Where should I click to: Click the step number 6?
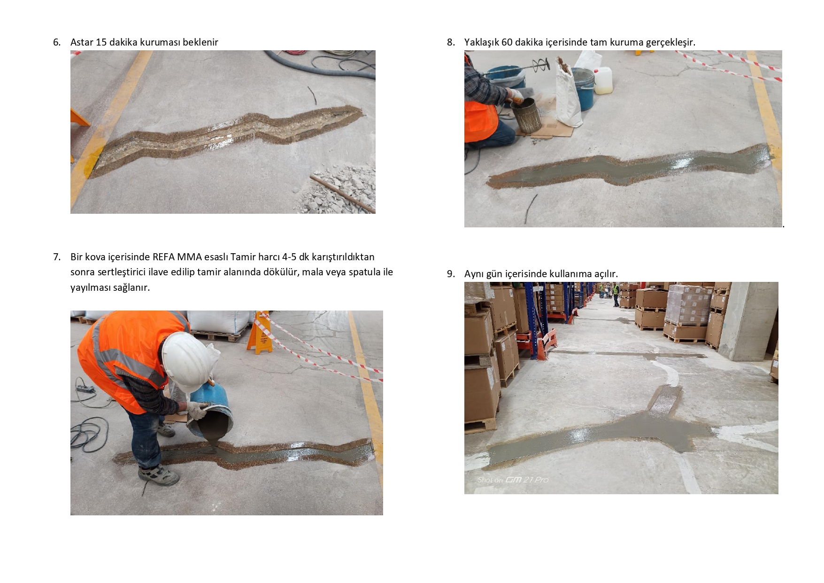[56, 42]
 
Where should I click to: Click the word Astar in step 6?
[82, 42]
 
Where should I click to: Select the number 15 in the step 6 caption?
[101, 42]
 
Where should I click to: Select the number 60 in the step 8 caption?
[507, 42]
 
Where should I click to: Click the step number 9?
[450, 274]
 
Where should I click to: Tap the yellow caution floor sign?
[260, 333]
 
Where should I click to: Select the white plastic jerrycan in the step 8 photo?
[602, 80]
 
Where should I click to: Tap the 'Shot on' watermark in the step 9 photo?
[513, 480]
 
